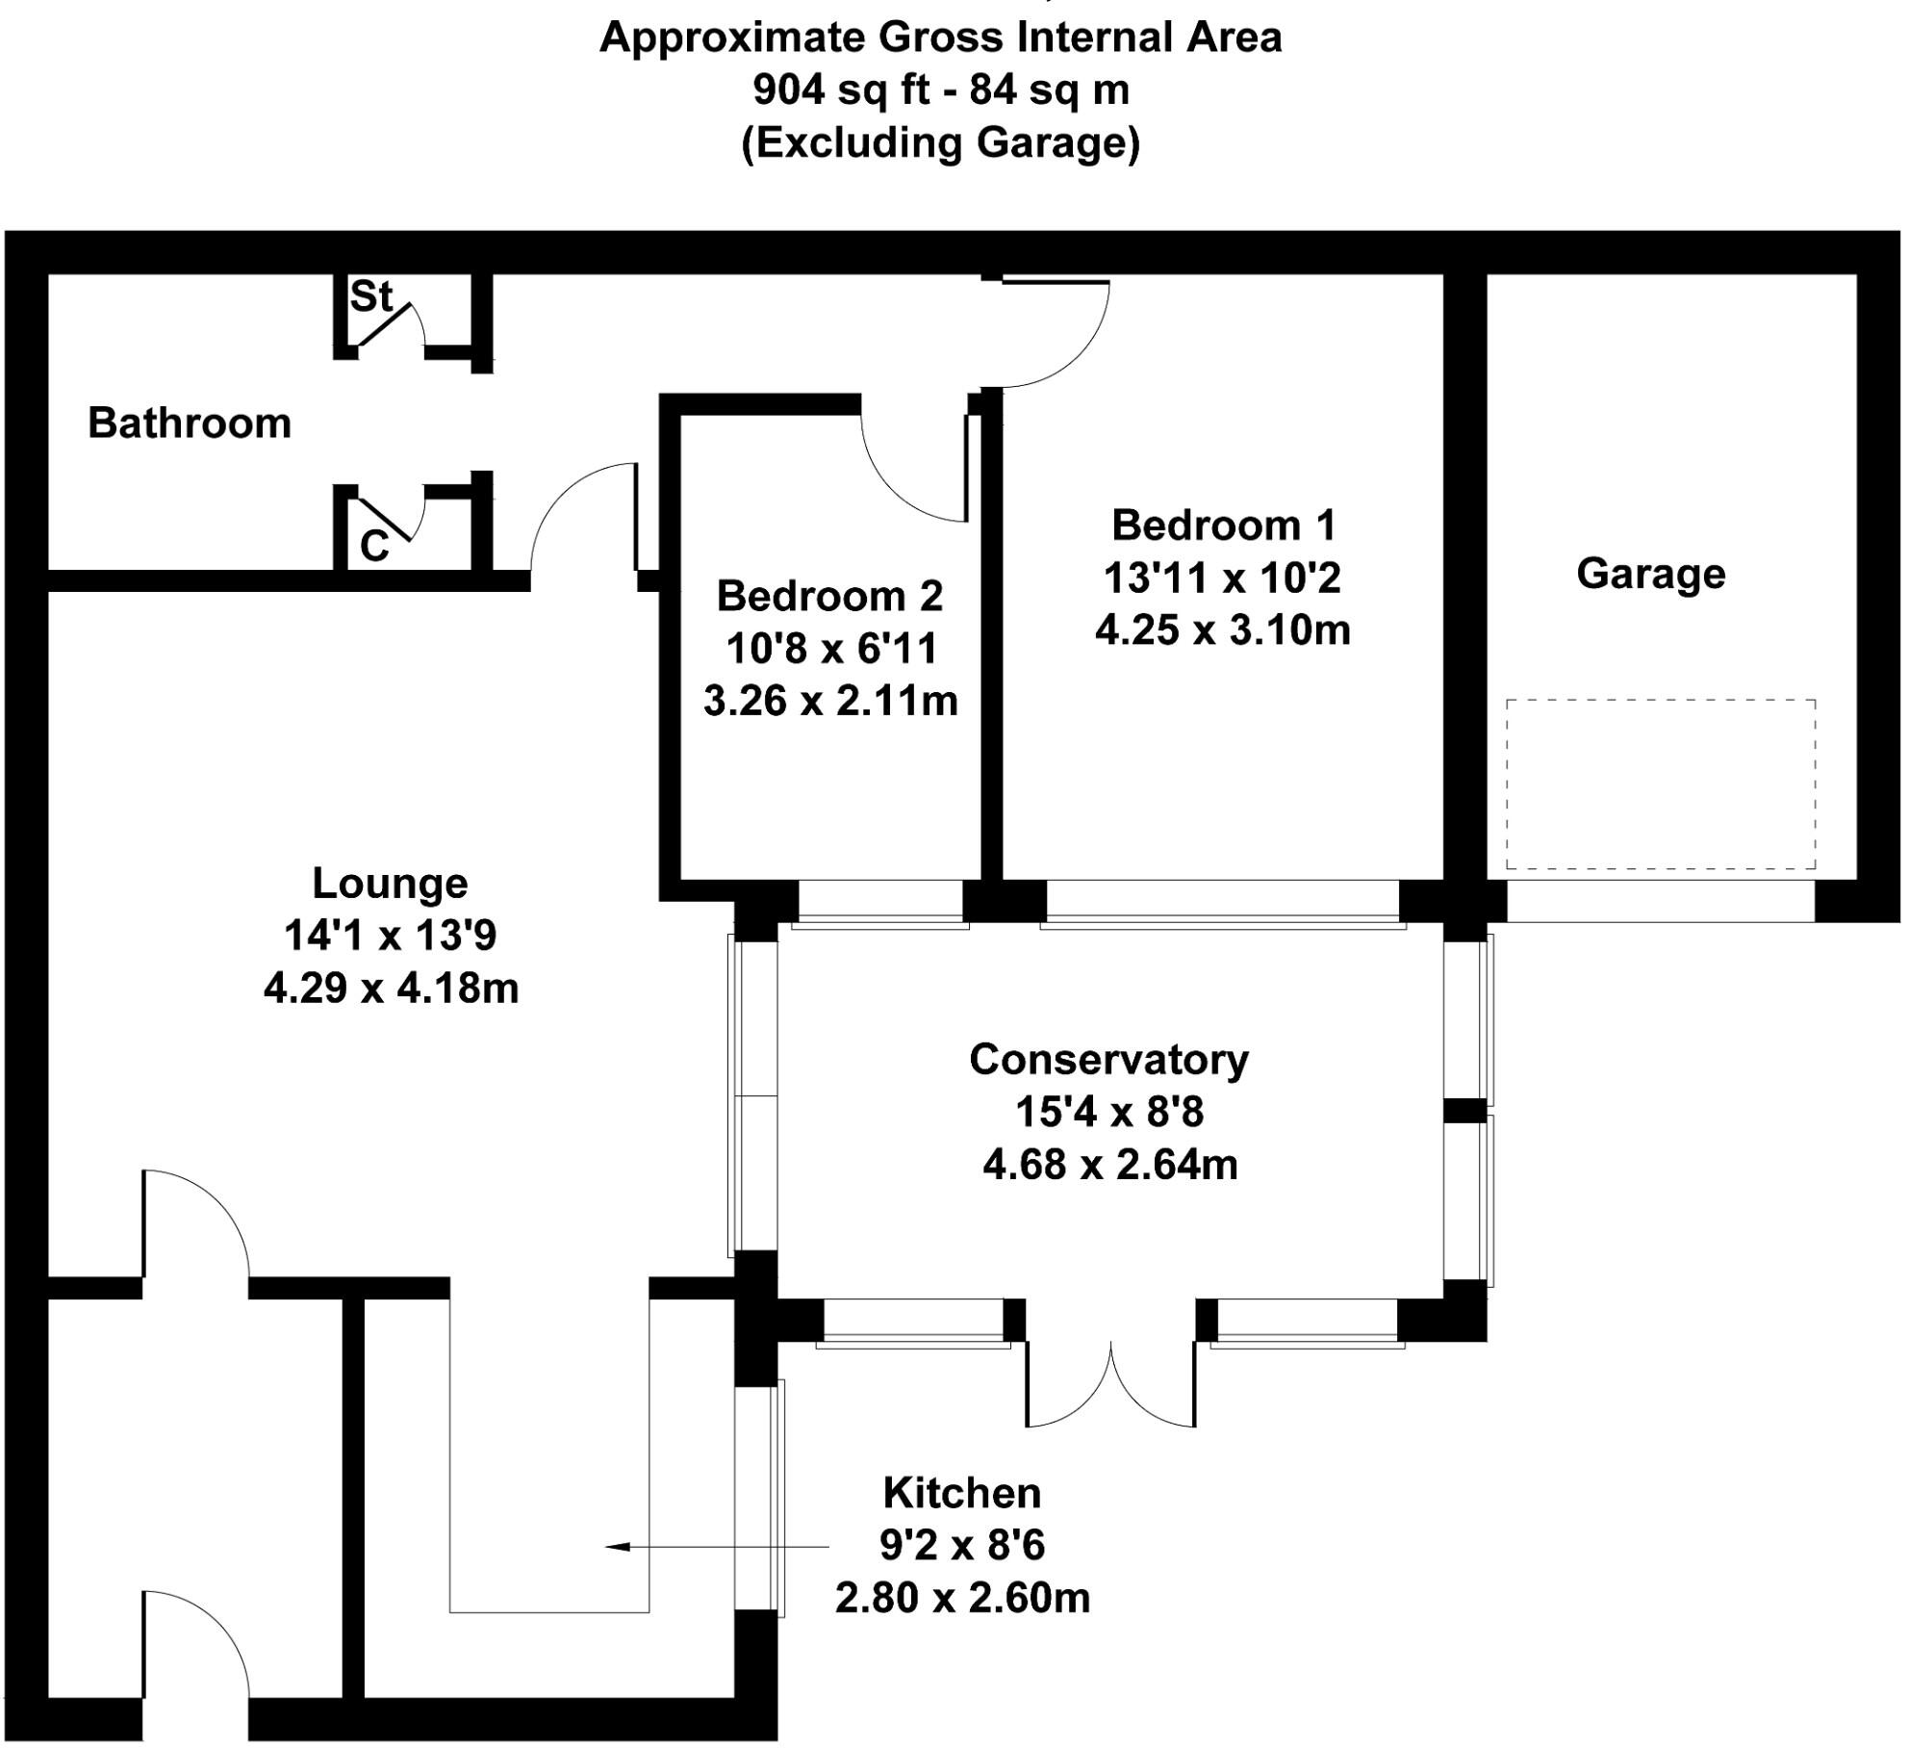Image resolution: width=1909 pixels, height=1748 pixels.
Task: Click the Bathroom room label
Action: [190, 424]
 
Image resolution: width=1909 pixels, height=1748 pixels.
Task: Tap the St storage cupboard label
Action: [370, 296]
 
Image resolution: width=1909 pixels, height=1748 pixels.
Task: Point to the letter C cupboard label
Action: [374, 547]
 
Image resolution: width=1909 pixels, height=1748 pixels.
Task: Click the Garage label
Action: [1650, 574]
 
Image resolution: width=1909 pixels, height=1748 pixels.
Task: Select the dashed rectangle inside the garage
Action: [1660, 784]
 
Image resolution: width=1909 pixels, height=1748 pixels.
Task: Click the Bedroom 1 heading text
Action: [1223, 526]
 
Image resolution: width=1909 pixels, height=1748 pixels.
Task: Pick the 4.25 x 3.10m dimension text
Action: [1222, 630]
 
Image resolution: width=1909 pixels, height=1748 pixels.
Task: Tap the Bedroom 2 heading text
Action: [829, 596]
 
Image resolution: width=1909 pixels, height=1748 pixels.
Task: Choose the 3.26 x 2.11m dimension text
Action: [830, 701]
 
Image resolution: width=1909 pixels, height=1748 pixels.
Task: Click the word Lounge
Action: [390, 883]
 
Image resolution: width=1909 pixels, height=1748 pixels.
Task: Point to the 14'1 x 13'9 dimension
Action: [390, 935]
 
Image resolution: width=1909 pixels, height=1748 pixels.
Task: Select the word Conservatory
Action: [1108, 1059]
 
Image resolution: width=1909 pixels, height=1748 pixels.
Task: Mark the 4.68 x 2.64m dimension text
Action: [1109, 1165]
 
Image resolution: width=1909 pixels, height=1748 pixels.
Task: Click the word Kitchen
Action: [961, 1493]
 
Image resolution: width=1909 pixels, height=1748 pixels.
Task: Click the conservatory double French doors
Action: [1110, 1387]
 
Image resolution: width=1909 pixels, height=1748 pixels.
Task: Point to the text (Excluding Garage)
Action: [940, 142]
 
